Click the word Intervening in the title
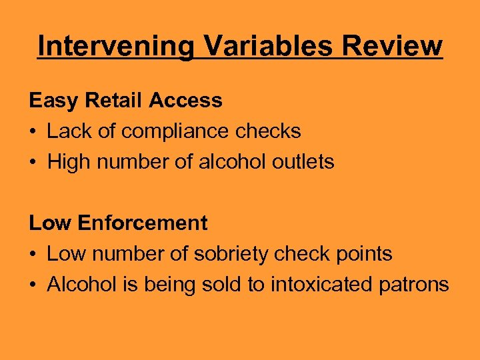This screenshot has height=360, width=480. [116, 47]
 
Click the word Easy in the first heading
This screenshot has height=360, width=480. [49, 101]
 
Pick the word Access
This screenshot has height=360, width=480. [185, 101]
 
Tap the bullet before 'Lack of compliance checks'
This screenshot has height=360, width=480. [33, 132]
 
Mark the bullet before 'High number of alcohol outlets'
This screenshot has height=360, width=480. [33, 162]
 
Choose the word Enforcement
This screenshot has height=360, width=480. [142, 223]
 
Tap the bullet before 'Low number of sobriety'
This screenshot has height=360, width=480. [33, 254]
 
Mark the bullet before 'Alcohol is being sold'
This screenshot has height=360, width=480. [33, 285]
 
